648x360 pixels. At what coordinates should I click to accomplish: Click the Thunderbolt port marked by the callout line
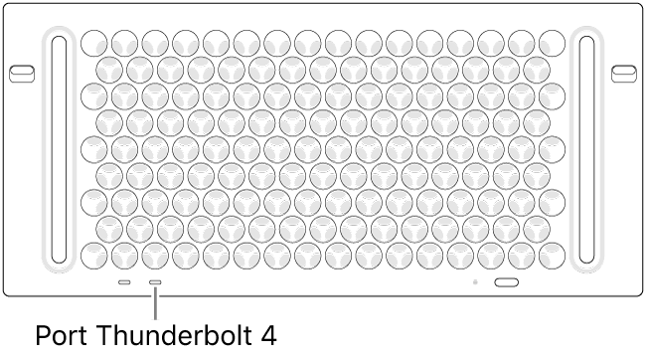tap(156, 282)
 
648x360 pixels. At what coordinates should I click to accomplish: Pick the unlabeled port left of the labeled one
tap(124, 282)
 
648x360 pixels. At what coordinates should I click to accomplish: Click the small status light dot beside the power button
tap(477, 282)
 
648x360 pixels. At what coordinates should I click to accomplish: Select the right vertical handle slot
tap(587, 153)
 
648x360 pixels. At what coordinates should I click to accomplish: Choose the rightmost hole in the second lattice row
tap(538, 68)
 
